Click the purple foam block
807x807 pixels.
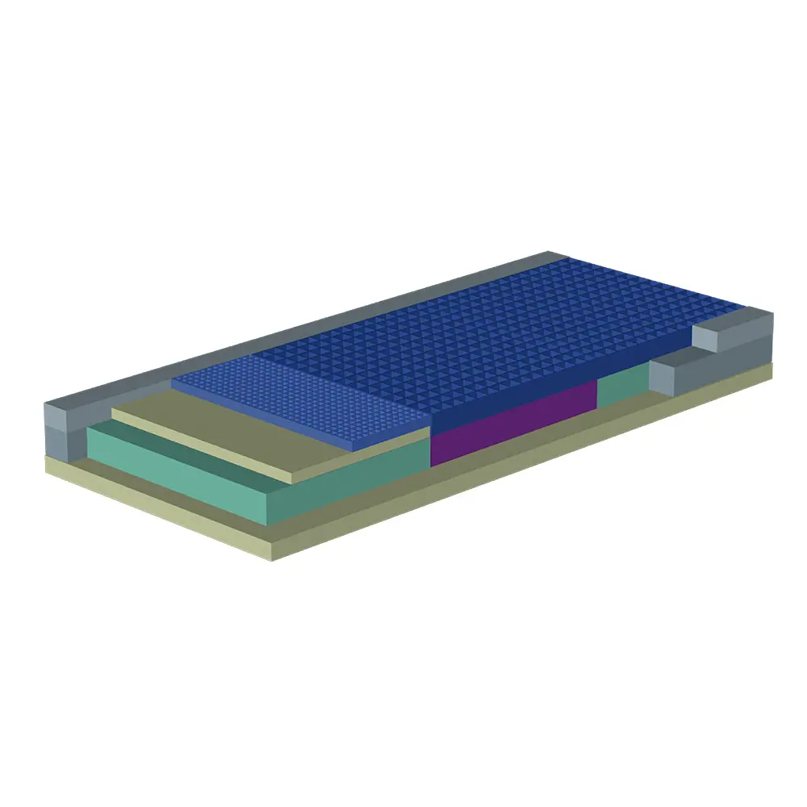[x=512, y=424]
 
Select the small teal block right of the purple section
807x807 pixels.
[x=622, y=387]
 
